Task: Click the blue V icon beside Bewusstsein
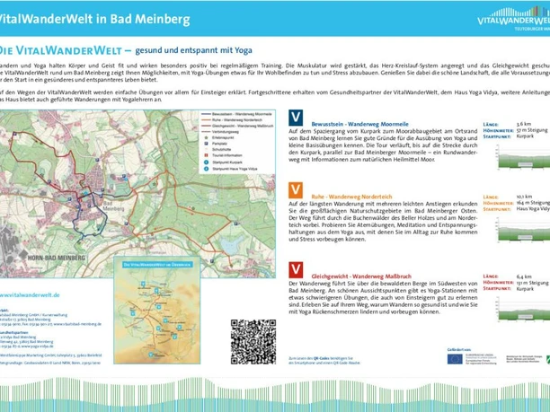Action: point(295,117)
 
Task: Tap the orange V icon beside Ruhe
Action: point(295,190)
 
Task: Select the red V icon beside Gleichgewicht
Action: point(295,269)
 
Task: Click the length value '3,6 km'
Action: point(524,124)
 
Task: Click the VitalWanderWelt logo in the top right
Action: point(511,19)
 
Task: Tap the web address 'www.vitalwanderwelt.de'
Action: point(31,294)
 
